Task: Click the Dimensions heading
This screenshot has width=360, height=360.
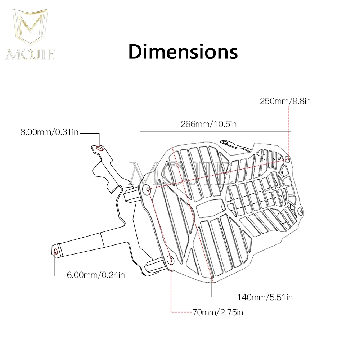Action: [x=183, y=51]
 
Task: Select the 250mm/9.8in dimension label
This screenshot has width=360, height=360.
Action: [x=285, y=101]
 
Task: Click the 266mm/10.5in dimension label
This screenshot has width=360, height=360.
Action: [x=208, y=124]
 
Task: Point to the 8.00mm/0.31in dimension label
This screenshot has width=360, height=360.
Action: [x=49, y=133]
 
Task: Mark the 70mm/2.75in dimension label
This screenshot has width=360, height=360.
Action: [x=217, y=312]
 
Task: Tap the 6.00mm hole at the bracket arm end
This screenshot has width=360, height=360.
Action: [x=56, y=251]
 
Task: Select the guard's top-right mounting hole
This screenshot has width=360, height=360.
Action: [x=287, y=159]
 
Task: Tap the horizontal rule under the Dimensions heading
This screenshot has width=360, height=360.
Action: [x=189, y=65]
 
